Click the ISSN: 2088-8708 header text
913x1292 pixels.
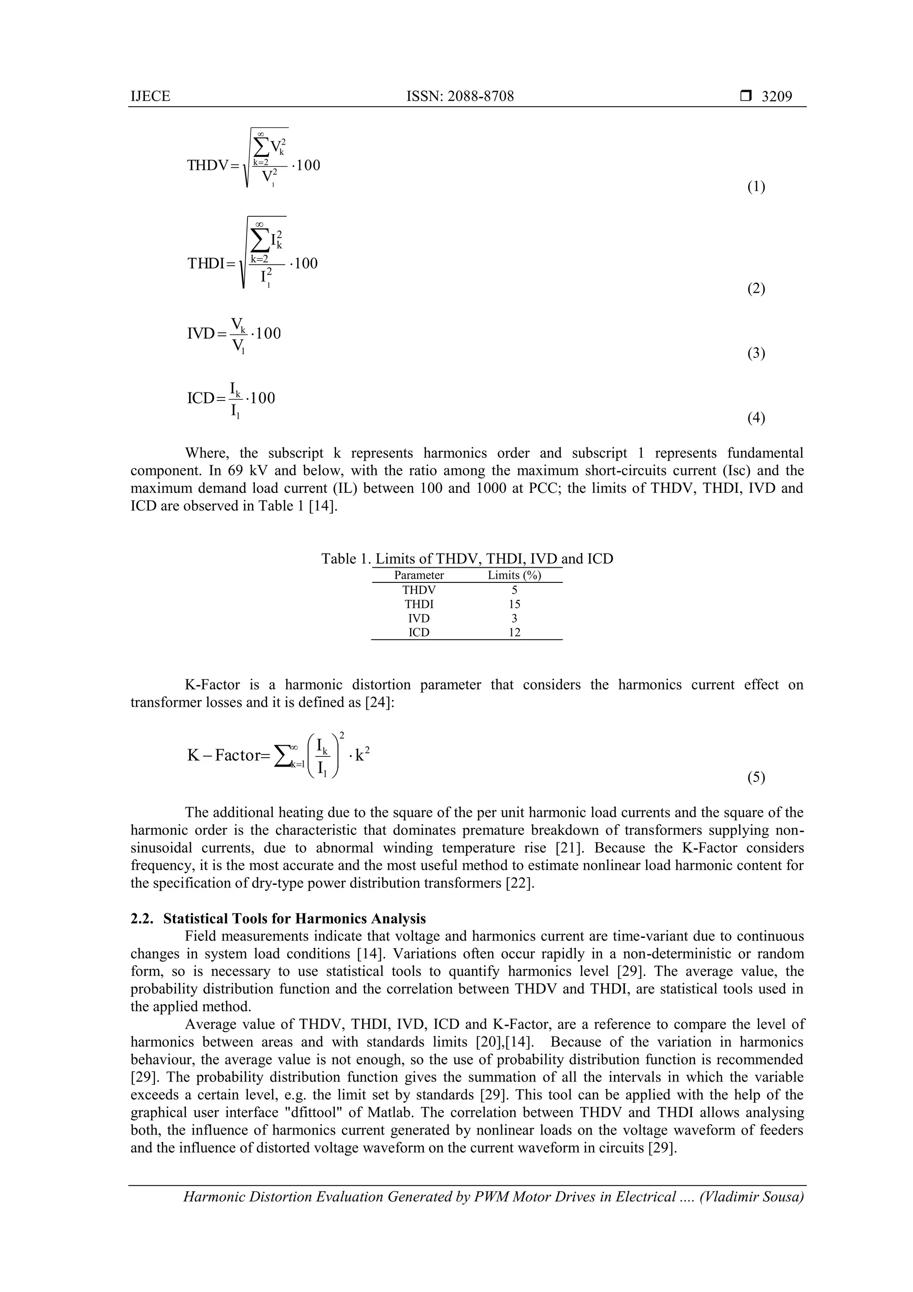460,96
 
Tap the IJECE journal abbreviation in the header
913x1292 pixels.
150,96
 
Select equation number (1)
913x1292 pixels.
756,187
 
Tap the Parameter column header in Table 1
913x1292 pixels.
419,575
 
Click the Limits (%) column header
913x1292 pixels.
514,575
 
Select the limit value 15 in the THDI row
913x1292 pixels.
514,604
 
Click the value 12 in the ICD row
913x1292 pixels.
514,632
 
